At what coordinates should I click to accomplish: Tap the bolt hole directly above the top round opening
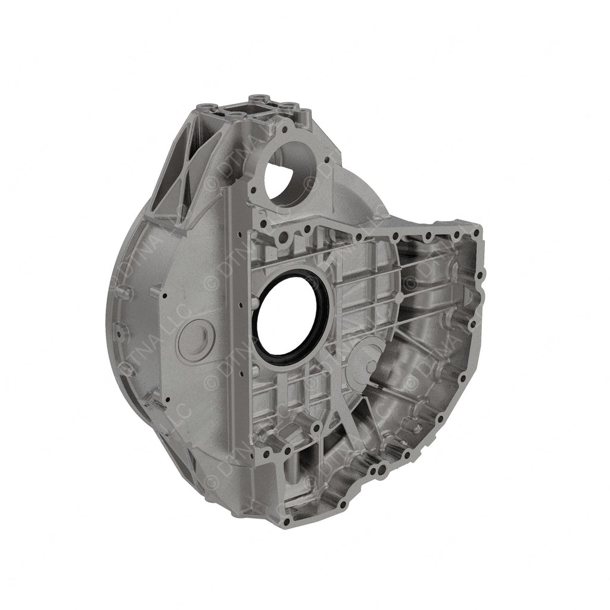pyautogui.click(x=287, y=127)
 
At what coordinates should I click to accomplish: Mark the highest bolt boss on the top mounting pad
pyautogui.click(x=257, y=97)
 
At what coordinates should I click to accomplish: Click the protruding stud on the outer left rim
pyautogui.click(x=122, y=292)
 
